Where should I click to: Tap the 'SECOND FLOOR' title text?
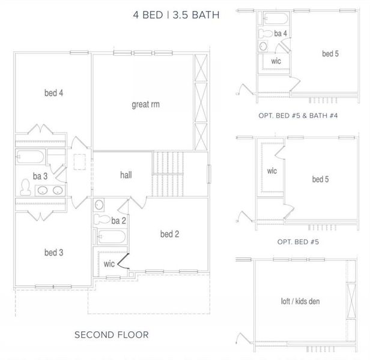coord(111,334)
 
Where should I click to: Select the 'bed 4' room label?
coord(53,93)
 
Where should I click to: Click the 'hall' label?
coord(126,175)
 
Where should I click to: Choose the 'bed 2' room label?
coord(170,233)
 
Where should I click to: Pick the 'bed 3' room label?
coord(53,253)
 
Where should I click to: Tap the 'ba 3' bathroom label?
coord(25,176)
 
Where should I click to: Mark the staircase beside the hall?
coord(168,174)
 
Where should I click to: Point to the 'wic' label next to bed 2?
coord(109,263)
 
